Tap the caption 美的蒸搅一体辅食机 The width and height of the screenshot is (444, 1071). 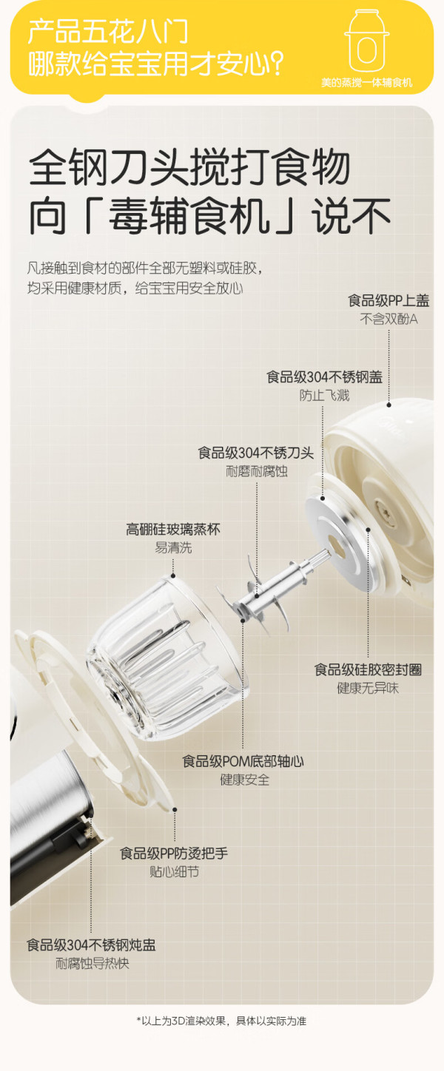pos(366,83)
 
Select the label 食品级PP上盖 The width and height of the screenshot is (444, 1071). pos(388,301)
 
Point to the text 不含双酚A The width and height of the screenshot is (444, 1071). pos(388,319)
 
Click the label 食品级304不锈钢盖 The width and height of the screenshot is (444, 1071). pos(324,377)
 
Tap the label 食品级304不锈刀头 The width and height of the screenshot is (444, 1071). pos(256,453)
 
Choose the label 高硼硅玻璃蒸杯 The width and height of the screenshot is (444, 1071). pos(173,530)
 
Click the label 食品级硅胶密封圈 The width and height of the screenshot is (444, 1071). pos(368,670)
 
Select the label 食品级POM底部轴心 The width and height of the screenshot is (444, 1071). pos(243,762)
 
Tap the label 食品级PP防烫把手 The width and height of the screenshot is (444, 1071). pos(174,854)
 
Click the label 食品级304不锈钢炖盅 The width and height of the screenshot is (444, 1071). pos(91,945)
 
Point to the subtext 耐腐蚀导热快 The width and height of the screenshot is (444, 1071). pos(92,964)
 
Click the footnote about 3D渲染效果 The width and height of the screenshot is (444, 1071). pos(221,1021)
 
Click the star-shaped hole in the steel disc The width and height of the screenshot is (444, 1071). pos(337,544)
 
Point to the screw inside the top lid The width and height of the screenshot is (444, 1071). pos(385,507)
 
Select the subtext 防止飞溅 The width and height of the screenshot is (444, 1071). pos(324,396)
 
